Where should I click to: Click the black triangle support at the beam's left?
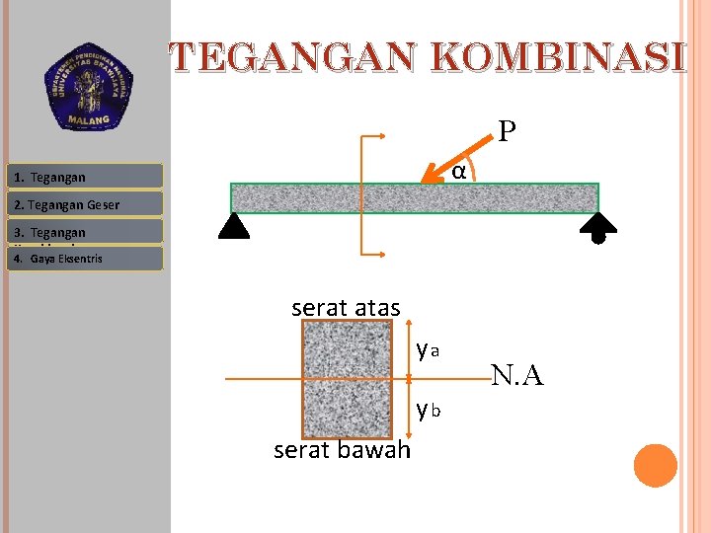pyautogui.click(x=235, y=227)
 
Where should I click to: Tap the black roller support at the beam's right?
pyautogui.click(x=598, y=228)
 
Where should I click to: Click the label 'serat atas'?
pyautogui.click(x=346, y=308)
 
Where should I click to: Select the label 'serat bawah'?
pyautogui.click(x=342, y=450)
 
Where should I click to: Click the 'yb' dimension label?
pyautogui.click(x=428, y=408)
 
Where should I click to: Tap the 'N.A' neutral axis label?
pyautogui.click(x=516, y=375)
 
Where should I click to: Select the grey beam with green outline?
pyautogui.click(x=415, y=197)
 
